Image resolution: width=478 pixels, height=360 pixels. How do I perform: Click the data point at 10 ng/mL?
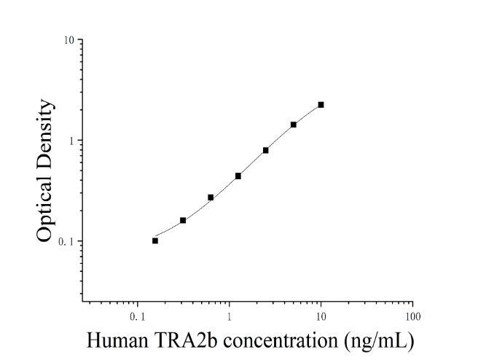[x=321, y=105]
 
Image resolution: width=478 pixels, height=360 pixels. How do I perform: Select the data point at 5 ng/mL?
[x=293, y=125]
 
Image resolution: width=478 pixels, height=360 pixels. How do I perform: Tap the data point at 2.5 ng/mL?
[x=265, y=150]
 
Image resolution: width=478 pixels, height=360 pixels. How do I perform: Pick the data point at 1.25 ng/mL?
[x=238, y=176]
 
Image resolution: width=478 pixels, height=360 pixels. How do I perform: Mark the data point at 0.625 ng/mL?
[x=211, y=197]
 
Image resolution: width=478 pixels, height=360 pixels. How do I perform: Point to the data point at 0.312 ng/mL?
[x=183, y=220]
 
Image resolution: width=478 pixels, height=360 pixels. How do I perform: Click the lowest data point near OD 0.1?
[x=155, y=240]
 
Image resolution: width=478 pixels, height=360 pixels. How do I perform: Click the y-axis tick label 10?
[x=69, y=40]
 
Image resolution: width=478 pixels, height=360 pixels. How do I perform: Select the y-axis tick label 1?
[x=72, y=141]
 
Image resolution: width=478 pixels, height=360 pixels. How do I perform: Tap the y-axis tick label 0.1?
[x=66, y=242]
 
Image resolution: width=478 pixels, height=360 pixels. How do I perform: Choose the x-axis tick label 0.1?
[x=138, y=317]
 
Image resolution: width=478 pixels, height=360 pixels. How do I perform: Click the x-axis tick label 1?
[x=229, y=317]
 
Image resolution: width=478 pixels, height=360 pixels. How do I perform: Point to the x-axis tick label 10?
[x=321, y=317]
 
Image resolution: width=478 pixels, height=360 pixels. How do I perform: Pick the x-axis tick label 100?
[x=412, y=317]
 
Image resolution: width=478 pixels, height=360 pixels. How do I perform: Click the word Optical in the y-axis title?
[x=45, y=207]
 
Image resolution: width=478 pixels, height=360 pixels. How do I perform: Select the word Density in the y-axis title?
[x=45, y=133]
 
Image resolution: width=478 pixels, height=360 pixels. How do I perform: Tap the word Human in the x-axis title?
[x=117, y=340]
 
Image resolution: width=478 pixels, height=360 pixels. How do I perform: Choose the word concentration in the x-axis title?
[x=281, y=340]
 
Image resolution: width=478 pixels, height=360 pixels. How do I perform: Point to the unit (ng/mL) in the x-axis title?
[x=379, y=341]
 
